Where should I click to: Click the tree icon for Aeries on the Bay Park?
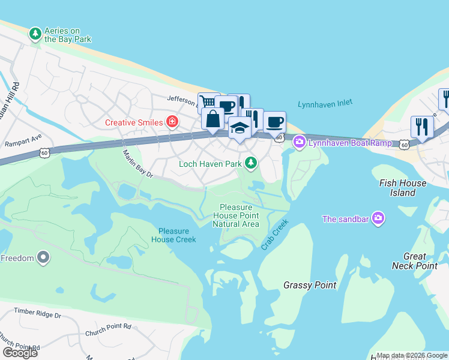tap(35, 34)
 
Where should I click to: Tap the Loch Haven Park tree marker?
tap(251, 163)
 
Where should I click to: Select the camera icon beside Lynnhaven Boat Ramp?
tap(299, 142)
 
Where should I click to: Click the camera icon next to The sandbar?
tap(378, 218)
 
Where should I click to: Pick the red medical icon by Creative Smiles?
tap(172, 122)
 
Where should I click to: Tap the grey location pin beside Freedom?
tap(43, 258)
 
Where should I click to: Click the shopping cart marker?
tap(207, 103)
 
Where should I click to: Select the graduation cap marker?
tap(240, 127)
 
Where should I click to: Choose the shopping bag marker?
tap(213, 118)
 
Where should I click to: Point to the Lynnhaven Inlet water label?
tap(325, 104)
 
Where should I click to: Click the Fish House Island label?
tap(402, 188)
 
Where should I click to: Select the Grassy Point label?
tap(310, 285)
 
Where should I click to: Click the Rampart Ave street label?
tap(23, 142)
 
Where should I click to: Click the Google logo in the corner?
tap(20, 352)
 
